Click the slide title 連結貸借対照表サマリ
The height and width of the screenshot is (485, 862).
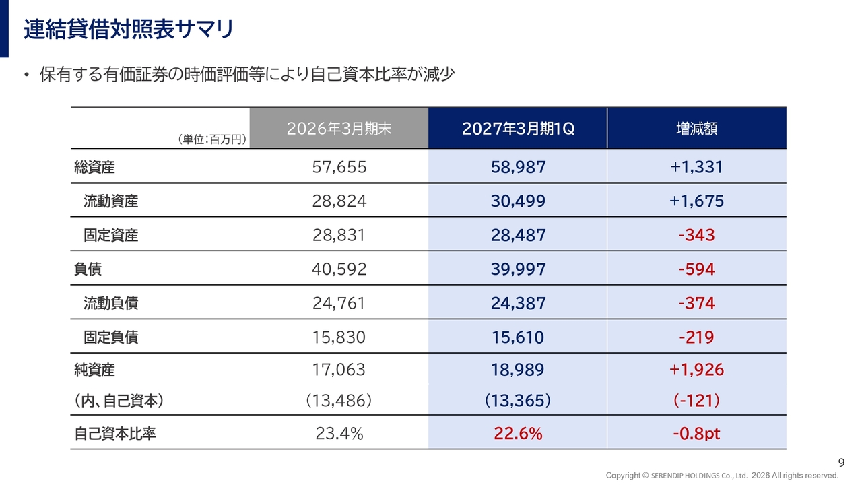tap(129, 29)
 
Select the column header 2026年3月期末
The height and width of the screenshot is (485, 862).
tap(339, 129)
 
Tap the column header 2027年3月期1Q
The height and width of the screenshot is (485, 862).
tap(518, 129)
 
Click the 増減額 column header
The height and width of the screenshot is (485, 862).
tap(696, 129)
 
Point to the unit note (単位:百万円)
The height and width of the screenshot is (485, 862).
tap(212, 139)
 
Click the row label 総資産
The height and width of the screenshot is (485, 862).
tap(94, 168)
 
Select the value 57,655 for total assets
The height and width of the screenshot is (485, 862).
tap(339, 168)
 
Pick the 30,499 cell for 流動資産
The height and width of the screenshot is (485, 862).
tap(518, 201)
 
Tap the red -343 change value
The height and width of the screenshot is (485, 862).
tap(696, 235)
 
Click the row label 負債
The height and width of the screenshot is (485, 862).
tap(88, 269)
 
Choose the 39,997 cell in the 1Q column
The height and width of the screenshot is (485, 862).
tap(518, 269)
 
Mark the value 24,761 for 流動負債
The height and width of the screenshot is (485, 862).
tap(339, 303)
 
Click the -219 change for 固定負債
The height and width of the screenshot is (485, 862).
tap(696, 337)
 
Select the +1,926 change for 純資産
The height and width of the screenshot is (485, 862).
tap(696, 370)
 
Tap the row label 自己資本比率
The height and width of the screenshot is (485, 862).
tap(115, 434)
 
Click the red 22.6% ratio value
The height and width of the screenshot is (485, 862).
tap(518, 434)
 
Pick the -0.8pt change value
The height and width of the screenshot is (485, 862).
tap(696, 434)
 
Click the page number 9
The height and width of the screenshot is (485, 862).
tap(842, 462)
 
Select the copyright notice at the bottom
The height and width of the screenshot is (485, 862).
tap(722, 476)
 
